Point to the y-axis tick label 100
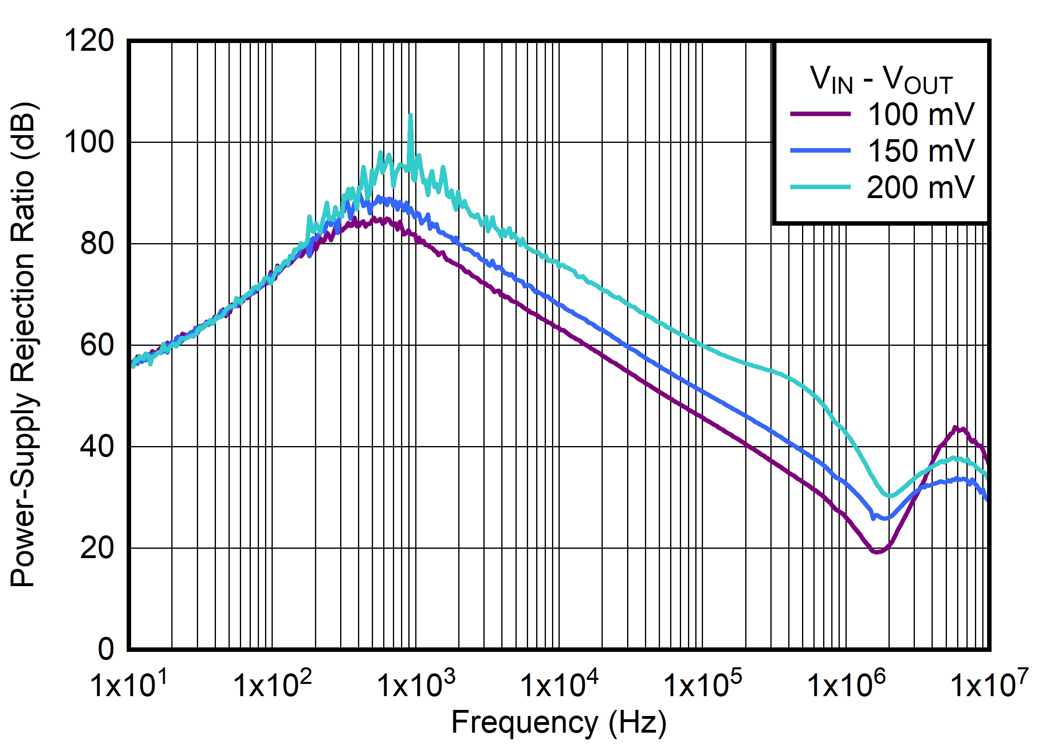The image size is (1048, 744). click(x=89, y=142)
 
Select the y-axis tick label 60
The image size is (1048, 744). click(x=97, y=345)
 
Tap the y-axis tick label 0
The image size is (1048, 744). click(x=106, y=649)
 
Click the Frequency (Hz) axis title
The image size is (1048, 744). click(x=559, y=722)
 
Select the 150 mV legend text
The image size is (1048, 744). click(x=921, y=151)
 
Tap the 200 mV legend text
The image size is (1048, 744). click(x=921, y=188)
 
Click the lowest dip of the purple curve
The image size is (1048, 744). click(x=877, y=552)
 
